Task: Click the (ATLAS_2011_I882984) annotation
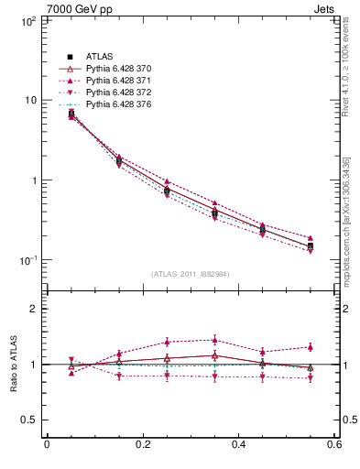tap(190, 274)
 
